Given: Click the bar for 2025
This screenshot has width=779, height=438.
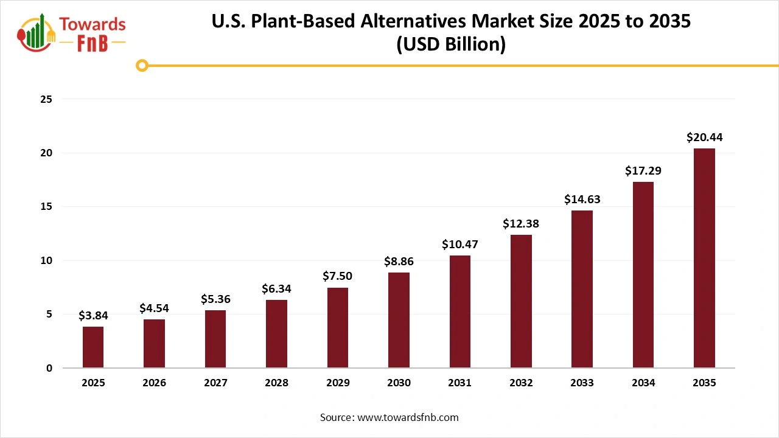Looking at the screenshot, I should click(x=93, y=347).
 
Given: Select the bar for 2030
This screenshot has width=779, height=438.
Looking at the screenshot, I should click(x=399, y=320).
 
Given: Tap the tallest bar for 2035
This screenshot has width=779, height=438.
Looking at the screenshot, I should click(x=704, y=258).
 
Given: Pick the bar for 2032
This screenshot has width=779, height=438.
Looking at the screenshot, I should click(x=521, y=301).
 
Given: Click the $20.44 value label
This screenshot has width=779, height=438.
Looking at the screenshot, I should click(x=704, y=137).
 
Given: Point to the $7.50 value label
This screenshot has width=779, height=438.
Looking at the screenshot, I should click(x=337, y=276).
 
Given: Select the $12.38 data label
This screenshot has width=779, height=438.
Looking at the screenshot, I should click(x=521, y=224).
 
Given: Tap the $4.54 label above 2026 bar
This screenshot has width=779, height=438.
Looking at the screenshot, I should click(x=154, y=308).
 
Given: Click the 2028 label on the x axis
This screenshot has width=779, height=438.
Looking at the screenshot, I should click(x=276, y=383).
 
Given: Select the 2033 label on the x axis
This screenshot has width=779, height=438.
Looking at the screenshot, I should click(x=582, y=383).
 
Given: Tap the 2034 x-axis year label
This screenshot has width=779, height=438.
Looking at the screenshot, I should click(x=643, y=383).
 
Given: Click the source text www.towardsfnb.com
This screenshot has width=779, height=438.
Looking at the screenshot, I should click(x=408, y=417).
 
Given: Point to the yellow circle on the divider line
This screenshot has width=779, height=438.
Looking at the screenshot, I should click(x=142, y=65).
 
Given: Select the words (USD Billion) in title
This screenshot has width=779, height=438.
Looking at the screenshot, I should click(x=450, y=44).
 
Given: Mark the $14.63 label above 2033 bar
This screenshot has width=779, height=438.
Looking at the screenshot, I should click(x=582, y=199).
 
